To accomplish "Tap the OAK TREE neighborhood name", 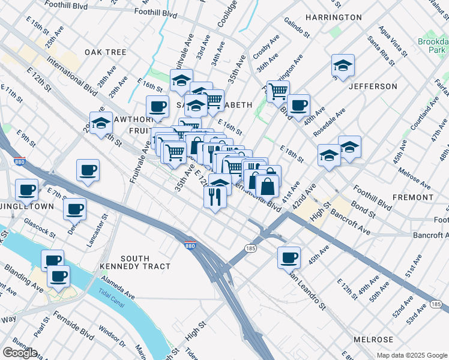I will (x=106, y=52).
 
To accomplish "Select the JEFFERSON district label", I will (x=373, y=86).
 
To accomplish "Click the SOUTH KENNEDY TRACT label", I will (x=136, y=262).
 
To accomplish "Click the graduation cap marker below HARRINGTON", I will (x=343, y=65).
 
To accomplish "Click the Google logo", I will (x=20, y=353).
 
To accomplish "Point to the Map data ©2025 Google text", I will (x=412, y=355).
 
